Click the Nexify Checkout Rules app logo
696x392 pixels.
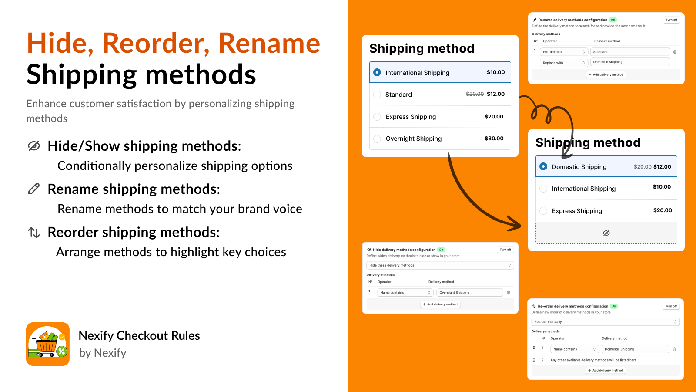48,344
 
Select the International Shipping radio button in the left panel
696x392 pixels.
377,72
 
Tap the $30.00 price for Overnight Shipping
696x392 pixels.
494,139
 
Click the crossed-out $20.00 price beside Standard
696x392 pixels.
475,94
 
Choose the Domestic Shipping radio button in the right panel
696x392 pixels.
543,166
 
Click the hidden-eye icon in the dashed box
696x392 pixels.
606,233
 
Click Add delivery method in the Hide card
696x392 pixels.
440,304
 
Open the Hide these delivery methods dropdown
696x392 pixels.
440,265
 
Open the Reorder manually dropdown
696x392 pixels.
605,322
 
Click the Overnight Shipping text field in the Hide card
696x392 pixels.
469,293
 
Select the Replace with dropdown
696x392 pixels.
564,63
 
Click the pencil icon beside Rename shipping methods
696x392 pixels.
34,189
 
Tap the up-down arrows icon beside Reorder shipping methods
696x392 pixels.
34,233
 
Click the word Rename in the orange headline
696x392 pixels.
269,43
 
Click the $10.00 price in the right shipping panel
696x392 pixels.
662,187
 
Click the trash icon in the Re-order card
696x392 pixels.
674,349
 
